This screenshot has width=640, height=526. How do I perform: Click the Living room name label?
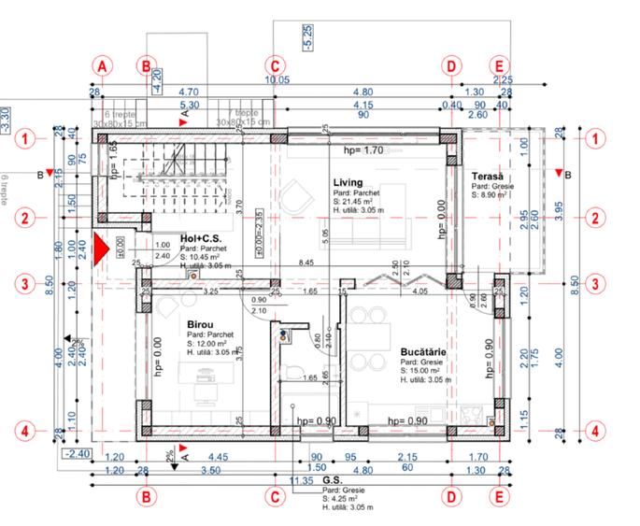(347, 182)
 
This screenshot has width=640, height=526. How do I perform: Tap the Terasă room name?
(487, 177)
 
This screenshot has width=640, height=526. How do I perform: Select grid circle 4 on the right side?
(593, 431)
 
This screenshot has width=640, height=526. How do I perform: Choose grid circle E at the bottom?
(500, 497)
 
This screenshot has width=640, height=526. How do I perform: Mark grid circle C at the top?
(274, 65)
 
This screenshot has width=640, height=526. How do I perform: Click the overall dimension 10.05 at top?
(277, 80)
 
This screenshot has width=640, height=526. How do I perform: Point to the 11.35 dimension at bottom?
(303, 480)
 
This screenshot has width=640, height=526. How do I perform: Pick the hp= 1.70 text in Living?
(363, 149)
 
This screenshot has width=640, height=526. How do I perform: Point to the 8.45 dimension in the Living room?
(306, 263)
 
